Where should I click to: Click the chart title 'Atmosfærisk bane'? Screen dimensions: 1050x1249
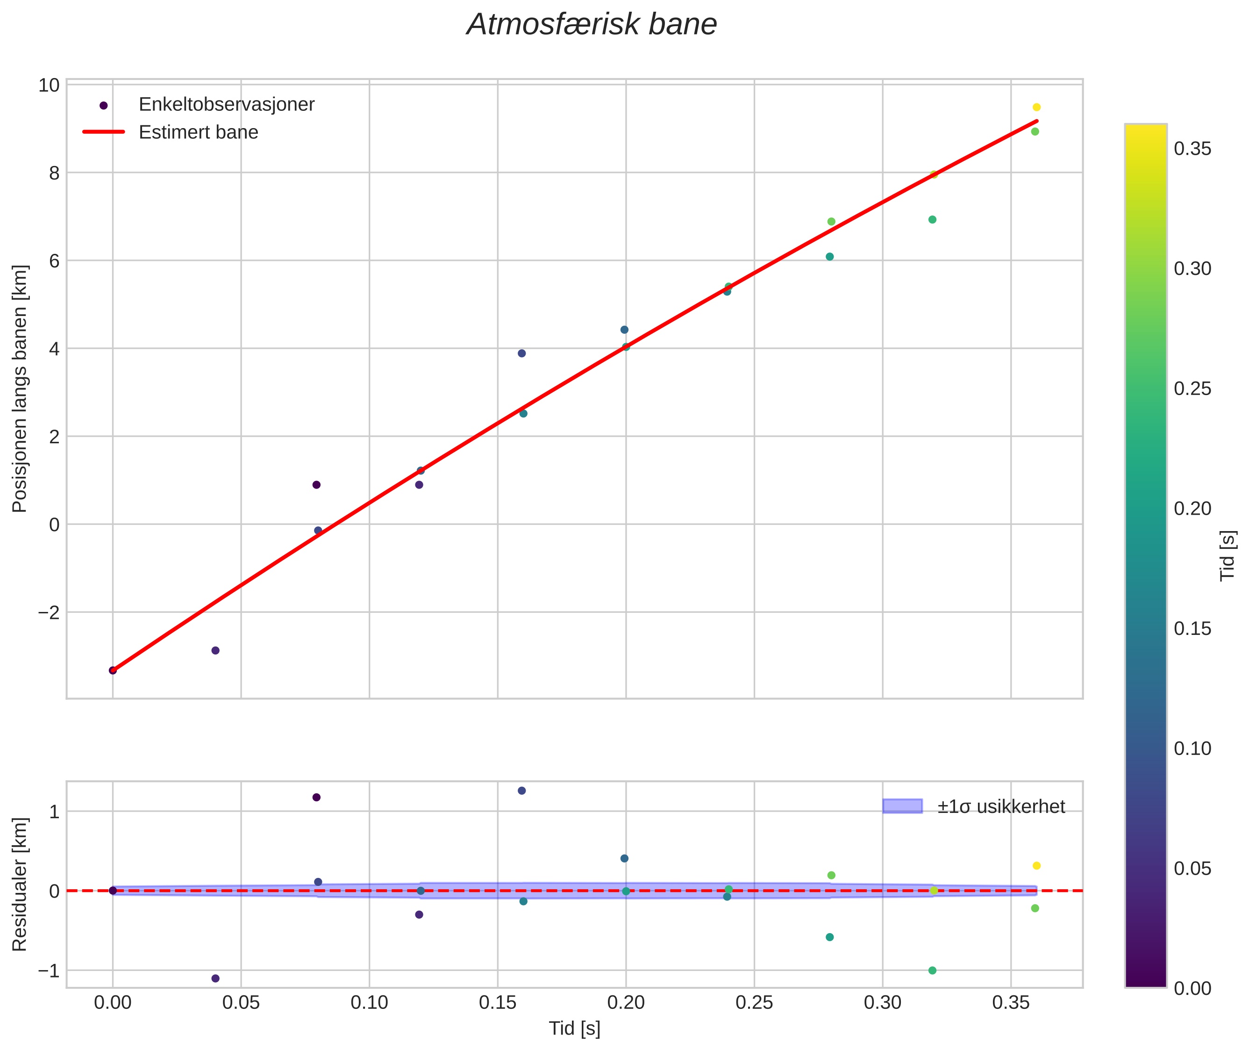click(592, 25)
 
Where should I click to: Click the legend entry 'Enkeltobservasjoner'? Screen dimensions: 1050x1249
click(226, 104)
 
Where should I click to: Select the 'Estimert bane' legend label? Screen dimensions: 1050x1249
click(198, 132)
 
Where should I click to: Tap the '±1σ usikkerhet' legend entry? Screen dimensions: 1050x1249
click(1001, 806)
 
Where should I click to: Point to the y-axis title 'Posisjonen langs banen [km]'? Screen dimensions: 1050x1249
click(20, 388)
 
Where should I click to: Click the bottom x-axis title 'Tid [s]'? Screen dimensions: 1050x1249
click(574, 1028)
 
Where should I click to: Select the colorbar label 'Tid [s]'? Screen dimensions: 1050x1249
click(1228, 555)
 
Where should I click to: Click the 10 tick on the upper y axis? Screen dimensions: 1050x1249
click(49, 85)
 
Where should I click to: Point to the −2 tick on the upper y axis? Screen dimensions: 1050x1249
click(49, 612)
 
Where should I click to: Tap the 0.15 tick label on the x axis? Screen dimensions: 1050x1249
click(498, 1003)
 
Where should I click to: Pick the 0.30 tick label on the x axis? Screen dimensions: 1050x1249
click(883, 1003)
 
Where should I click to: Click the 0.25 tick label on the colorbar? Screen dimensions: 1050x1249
click(1192, 388)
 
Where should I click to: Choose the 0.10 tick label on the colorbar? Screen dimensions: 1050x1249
click(1192, 748)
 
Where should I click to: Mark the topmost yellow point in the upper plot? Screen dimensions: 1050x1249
click(1036, 107)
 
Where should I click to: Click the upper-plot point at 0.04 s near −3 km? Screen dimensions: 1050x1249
click(215, 651)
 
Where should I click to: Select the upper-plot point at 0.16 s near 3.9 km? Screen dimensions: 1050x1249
click(522, 353)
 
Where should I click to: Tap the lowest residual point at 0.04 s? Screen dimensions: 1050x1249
click(215, 978)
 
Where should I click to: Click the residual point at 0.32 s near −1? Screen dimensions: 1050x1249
click(933, 970)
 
